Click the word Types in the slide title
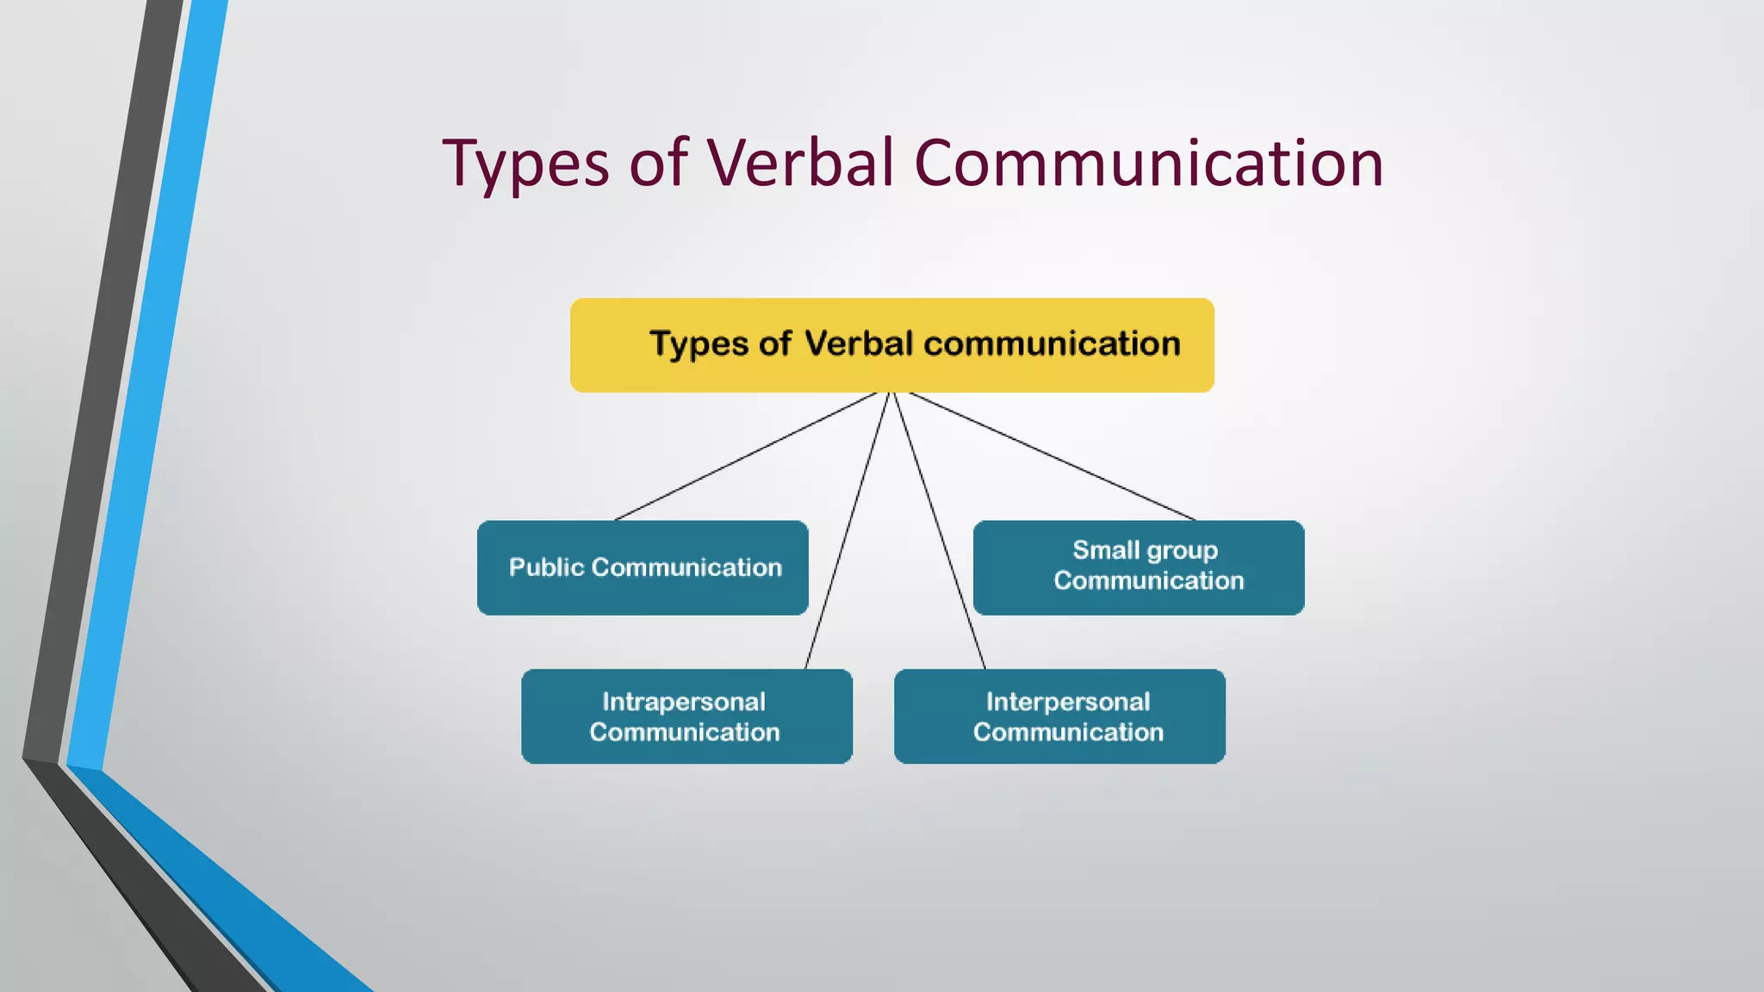(x=525, y=164)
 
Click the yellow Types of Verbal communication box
(x=891, y=345)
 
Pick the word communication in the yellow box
(x=1052, y=344)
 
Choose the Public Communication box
(x=643, y=567)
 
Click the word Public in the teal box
(x=546, y=567)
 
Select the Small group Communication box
(x=1139, y=567)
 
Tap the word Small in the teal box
(x=1106, y=550)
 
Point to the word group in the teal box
(x=1182, y=551)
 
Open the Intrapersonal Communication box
(x=686, y=716)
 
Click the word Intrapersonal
(x=684, y=702)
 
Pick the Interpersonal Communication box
(x=1059, y=716)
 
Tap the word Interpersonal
(x=1068, y=702)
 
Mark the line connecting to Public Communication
(x=745, y=456)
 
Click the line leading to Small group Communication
(x=1053, y=456)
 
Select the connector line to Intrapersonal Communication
(x=846, y=530)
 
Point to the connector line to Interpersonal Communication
(x=940, y=530)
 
